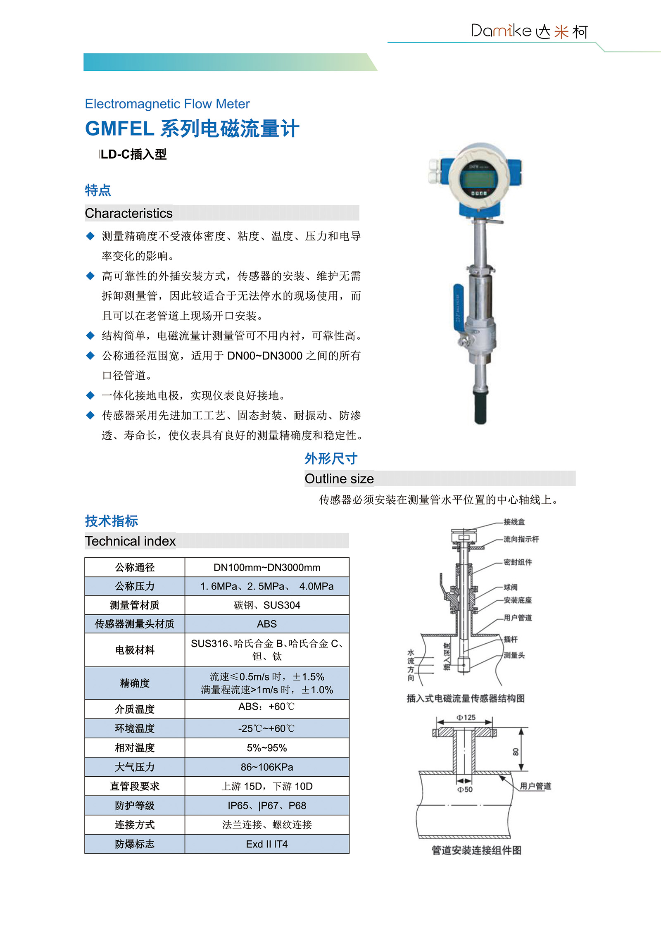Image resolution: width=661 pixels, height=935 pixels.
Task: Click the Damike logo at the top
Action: click(529, 31)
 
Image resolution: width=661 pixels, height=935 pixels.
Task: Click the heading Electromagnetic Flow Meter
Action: click(167, 104)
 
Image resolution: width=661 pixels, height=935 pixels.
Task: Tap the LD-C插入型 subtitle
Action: click(133, 155)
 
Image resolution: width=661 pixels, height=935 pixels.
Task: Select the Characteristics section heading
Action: click(128, 213)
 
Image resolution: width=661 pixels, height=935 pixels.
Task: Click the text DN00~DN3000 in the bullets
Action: click(264, 356)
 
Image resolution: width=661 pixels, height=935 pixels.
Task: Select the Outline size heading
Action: click(339, 479)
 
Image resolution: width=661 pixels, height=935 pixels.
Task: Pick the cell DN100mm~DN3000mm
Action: click(266, 568)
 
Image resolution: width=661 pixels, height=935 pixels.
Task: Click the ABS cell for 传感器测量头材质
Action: click(266, 624)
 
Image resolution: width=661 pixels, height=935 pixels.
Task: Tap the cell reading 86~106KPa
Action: click(266, 767)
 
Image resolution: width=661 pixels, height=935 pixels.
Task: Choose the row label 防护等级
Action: click(135, 806)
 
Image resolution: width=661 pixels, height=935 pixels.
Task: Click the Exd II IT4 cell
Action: click(266, 844)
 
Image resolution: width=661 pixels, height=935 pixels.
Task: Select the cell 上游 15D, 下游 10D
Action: click(266, 786)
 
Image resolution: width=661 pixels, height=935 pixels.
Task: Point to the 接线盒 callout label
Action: click(514, 522)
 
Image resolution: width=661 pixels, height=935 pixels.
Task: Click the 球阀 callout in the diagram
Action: click(510, 587)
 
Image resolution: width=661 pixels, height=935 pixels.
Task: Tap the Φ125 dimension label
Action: click(466, 718)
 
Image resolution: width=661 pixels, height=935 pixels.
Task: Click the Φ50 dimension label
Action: click(465, 790)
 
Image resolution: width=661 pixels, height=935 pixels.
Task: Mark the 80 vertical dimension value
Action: click(516, 752)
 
